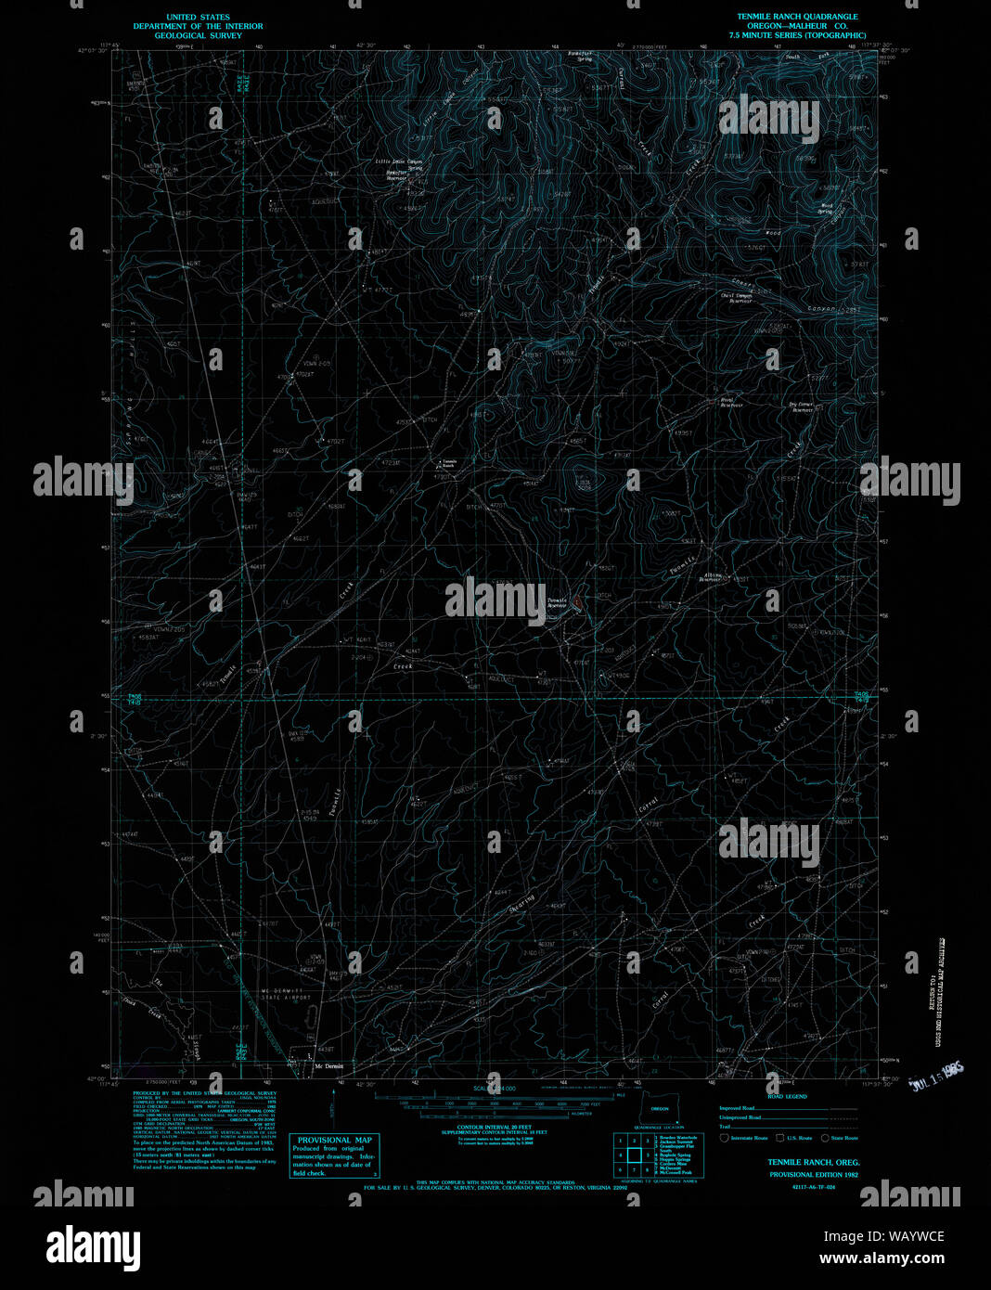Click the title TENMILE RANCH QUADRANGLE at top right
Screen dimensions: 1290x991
coord(797,17)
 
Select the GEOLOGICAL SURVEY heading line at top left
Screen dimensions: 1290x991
coord(198,35)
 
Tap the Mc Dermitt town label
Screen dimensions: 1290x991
coord(328,1065)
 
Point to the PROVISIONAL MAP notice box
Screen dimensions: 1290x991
coord(334,1155)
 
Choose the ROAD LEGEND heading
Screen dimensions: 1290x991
coord(787,1096)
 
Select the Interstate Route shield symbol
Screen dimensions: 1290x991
coord(724,1137)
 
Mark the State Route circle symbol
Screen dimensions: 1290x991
coord(824,1137)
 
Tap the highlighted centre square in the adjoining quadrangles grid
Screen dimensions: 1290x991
coord(637,1155)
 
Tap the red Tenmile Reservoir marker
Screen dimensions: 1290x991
coord(578,603)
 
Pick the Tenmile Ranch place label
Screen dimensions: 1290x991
coord(448,462)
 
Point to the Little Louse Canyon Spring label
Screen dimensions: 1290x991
coord(399,163)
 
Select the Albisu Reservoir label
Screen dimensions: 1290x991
coord(711,577)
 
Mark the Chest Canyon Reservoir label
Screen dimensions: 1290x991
coord(740,298)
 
